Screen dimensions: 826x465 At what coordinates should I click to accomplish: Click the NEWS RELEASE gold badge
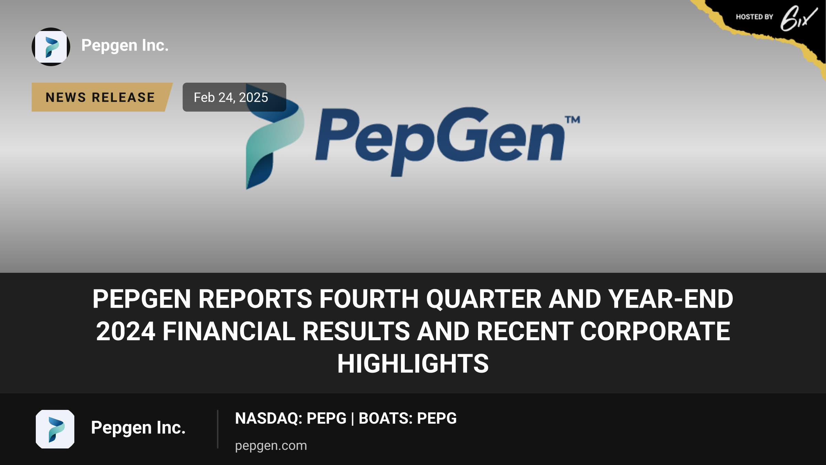(102, 97)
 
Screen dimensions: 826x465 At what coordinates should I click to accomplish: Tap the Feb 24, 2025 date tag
(234, 97)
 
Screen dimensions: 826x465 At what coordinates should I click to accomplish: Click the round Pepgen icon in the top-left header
(51, 47)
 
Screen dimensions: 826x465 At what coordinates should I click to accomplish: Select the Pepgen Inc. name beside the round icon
(125, 45)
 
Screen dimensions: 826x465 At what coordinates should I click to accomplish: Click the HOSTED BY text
(754, 17)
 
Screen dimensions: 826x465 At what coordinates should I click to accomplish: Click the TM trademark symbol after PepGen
(572, 120)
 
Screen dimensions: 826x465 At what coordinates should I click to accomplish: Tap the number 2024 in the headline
(126, 331)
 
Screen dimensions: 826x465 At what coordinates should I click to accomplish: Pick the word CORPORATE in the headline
(655, 331)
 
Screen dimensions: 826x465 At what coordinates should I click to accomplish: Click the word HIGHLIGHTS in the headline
(413, 364)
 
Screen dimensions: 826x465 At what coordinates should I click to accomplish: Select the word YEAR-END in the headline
(670, 299)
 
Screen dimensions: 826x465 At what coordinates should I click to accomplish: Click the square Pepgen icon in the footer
(55, 429)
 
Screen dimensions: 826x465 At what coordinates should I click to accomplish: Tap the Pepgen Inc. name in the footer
(138, 428)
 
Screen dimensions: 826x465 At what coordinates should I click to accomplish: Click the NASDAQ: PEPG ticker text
(290, 418)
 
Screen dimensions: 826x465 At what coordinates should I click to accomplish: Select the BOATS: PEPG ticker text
(407, 418)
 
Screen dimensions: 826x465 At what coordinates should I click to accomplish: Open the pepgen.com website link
(271, 446)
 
